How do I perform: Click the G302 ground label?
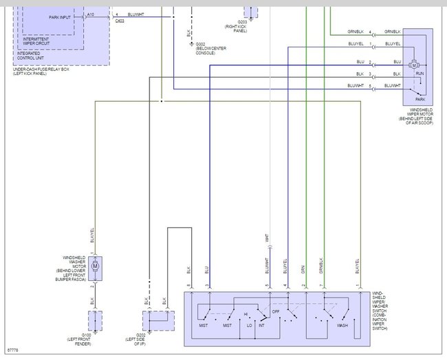tap(201, 45)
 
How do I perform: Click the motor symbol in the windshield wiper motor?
tap(414, 63)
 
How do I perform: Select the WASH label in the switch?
tap(340, 325)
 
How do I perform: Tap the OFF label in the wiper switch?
tap(276, 311)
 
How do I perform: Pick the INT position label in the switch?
tap(261, 325)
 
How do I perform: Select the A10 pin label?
tap(90, 14)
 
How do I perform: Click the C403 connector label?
tap(120, 21)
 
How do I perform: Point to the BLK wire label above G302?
tap(188, 32)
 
